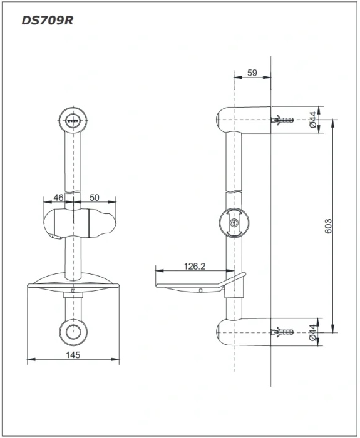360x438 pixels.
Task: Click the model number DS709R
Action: pos(47,21)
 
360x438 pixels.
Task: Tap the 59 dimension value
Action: pos(252,73)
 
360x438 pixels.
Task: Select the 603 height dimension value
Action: pos(329,226)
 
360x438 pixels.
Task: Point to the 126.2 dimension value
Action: pos(195,266)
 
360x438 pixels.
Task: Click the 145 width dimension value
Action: pos(73,355)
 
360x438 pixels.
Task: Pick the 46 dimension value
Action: pos(58,198)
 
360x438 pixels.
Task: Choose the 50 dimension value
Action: pos(94,198)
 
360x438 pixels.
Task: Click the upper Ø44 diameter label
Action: pos(313,120)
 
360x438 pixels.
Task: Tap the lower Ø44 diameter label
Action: pos(313,332)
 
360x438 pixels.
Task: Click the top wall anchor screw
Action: pos(282,120)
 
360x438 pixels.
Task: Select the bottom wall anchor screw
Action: pos(282,332)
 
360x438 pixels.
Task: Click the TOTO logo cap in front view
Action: pos(73,121)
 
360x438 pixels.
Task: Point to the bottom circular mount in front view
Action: pos(73,332)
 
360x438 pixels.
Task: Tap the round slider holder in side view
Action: pos(234,223)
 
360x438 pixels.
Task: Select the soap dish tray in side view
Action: pos(201,283)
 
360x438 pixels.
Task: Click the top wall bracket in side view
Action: pos(244,120)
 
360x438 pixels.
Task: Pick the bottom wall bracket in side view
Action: pos(244,332)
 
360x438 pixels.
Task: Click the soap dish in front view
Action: pos(73,282)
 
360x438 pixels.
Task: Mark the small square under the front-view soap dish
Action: pos(73,290)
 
